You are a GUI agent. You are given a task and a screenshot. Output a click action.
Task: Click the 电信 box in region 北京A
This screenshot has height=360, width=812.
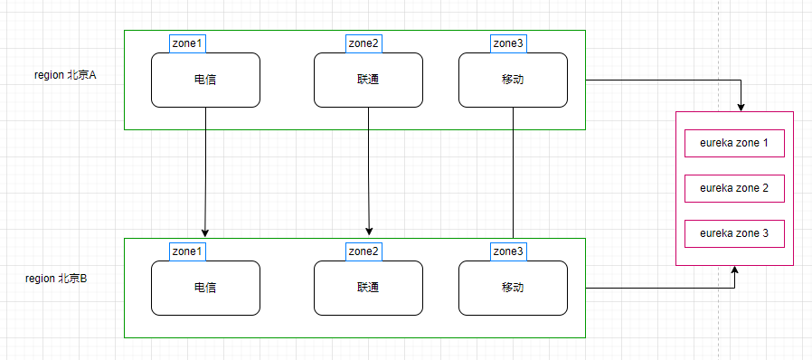point(205,80)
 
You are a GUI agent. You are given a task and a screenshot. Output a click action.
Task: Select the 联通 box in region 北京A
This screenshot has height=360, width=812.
point(368,80)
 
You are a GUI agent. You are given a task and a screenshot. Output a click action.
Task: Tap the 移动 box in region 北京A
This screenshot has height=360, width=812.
point(513,80)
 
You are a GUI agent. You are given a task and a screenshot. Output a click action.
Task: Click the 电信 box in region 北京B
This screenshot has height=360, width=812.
point(205,288)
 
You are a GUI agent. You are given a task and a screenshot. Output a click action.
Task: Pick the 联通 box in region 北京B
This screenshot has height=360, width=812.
point(368,288)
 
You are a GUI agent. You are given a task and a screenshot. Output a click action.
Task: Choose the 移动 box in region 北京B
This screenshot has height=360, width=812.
point(513,288)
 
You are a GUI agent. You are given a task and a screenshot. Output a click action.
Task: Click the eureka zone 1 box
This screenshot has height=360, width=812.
point(734,143)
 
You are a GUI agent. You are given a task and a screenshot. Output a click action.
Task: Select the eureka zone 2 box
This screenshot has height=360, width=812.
point(734,188)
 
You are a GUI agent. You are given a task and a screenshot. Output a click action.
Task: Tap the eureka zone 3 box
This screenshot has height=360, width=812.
point(734,233)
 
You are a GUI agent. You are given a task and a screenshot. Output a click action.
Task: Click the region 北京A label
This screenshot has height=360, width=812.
point(65,76)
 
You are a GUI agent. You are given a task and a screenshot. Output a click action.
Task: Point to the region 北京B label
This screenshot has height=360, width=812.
point(56,278)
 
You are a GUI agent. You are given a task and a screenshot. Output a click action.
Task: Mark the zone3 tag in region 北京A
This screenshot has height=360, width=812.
point(507,43)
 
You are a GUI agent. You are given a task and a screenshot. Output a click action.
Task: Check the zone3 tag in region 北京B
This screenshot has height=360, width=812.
point(507,251)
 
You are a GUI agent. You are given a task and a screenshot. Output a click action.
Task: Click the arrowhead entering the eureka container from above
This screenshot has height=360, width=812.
point(741,107)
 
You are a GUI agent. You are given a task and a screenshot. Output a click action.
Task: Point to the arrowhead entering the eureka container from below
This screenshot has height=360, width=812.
point(734,270)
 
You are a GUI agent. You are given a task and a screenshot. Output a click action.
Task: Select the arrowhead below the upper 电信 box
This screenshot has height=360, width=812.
point(205,232)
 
